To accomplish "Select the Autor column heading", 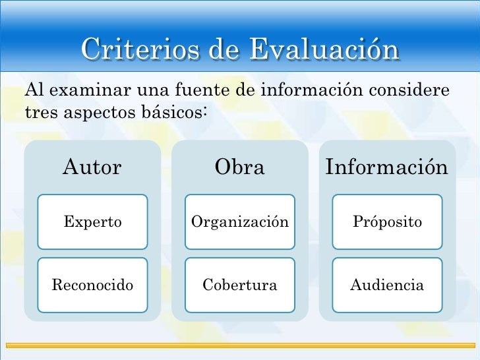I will coord(92,167).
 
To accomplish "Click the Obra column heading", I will coord(239,167).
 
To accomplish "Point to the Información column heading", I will coord(386,167).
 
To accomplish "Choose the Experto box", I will coord(92,222).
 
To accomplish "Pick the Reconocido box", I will coord(92,285).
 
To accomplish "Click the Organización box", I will coord(239,222).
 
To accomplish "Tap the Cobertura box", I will coord(239,285).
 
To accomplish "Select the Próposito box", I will coord(387,222).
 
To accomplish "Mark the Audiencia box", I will coord(387,285).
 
